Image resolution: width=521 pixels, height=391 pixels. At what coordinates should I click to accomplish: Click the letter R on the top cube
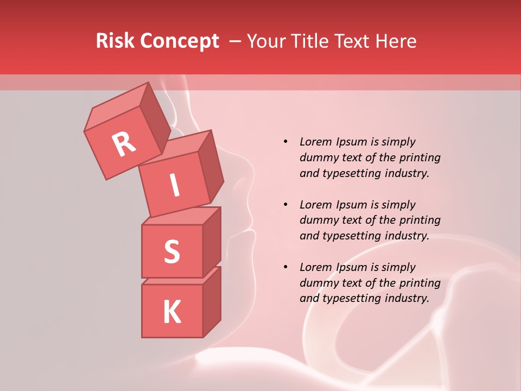point(124,144)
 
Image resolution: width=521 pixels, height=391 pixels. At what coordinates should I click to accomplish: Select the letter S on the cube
point(171,251)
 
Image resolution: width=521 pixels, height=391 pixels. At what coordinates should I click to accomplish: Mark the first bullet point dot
point(285,142)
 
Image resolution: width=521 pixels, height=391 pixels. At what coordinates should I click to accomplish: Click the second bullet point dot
point(285,205)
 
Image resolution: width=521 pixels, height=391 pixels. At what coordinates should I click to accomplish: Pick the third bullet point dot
point(285,267)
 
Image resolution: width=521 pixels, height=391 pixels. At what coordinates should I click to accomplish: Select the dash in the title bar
point(236,41)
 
